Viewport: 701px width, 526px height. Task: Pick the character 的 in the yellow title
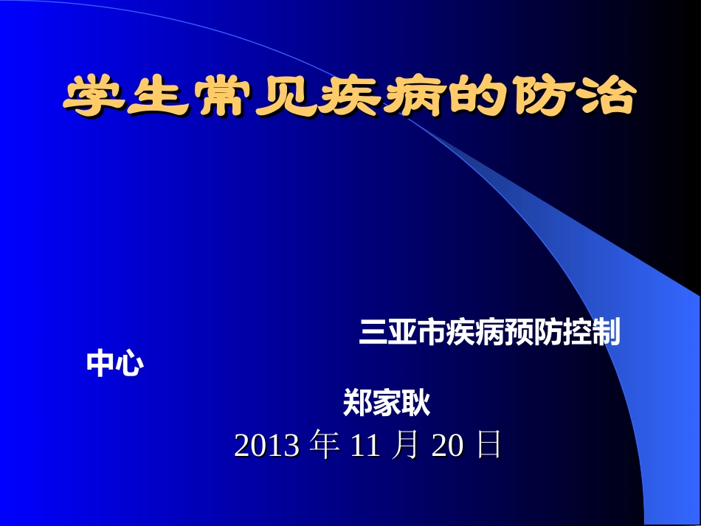click(x=475, y=97)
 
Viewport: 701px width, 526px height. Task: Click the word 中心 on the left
click(x=115, y=364)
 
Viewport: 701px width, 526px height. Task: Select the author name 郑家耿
click(x=387, y=404)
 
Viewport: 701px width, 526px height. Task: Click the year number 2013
click(x=266, y=446)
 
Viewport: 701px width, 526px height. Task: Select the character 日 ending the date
click(x=488, y=446)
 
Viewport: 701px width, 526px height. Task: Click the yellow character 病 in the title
click(x=411, y=97)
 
